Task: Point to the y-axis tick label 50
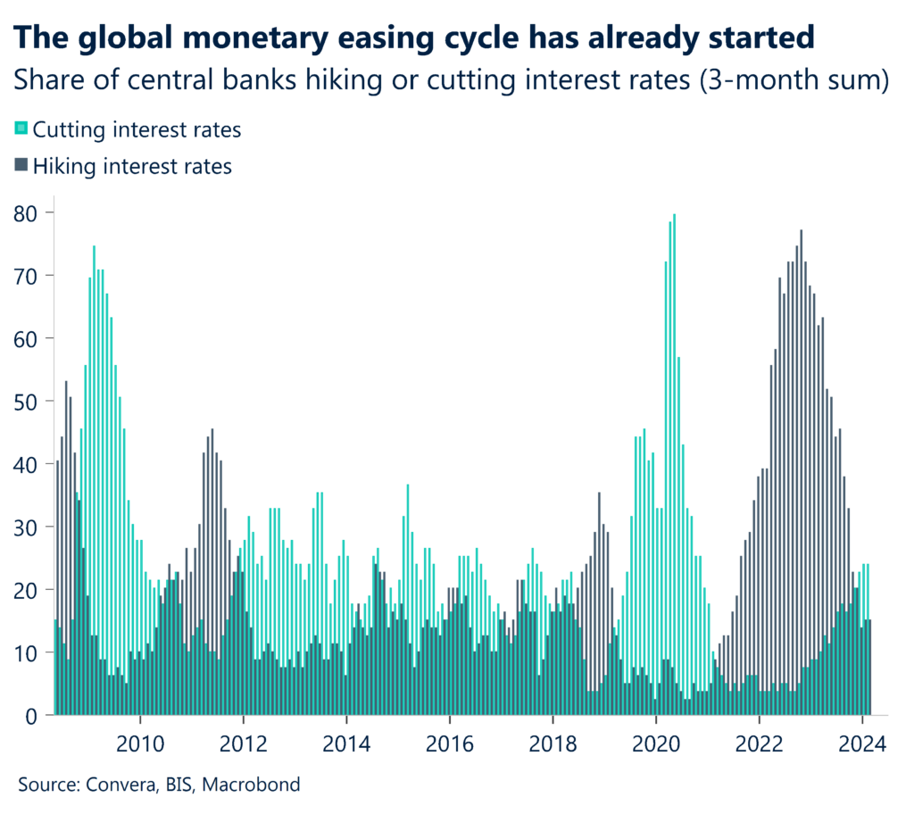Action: [x=27, y=402]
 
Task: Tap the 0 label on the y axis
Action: [x=33, y=716]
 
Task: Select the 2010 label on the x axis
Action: [x=140, y=743]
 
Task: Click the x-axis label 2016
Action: [x=449, y=743]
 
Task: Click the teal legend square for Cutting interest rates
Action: [x=22, y=129]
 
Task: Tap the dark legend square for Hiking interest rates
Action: [x=22, y=165]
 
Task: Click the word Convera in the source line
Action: [x=117, y=785]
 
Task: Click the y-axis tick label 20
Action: [x=27, y=590]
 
